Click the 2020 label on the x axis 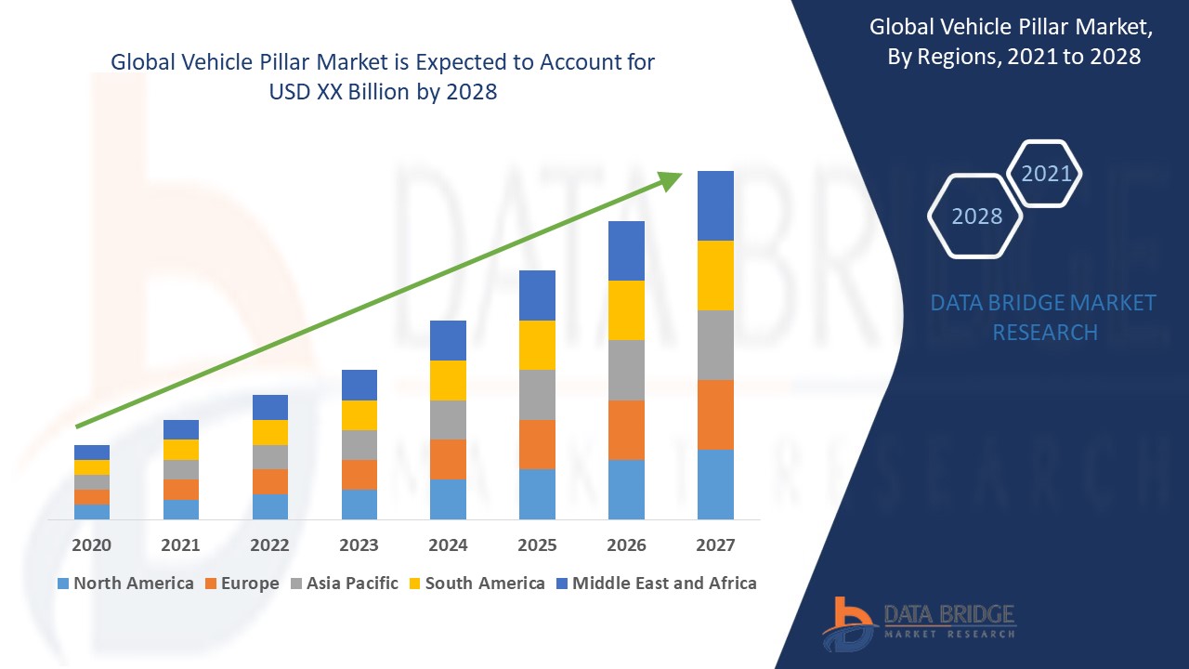click(91, 545)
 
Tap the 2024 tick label click(448, 545)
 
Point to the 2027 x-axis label click(715, 545)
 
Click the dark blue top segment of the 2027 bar click(715, 205)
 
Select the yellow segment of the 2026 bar click(626, 310)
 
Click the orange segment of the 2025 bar click(537, 444)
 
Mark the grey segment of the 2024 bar click(448, 420)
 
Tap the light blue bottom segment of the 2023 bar click(359, 504)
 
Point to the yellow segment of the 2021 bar click(180, 450)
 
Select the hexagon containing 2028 click(975, 216)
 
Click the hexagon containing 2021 click(1046, 173)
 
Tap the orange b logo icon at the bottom click(847, 623)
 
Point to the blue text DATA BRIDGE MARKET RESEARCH click(1044, 317)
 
